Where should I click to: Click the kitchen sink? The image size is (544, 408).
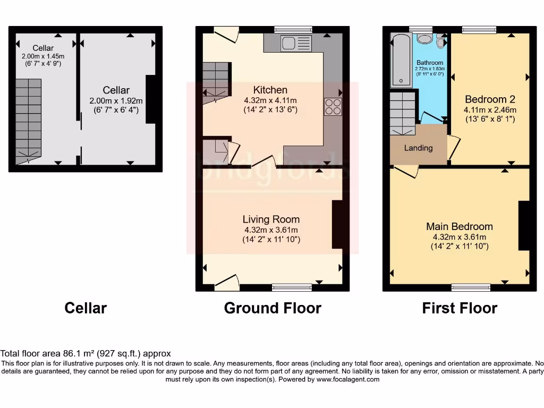point(296,43)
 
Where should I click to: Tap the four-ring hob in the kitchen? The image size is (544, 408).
point(333,106)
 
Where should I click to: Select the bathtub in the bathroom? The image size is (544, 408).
point(401,60)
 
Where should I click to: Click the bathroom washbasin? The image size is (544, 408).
point(425,39)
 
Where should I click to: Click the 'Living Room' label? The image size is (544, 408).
point(271,219)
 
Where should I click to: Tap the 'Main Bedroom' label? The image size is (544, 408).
point(460,226)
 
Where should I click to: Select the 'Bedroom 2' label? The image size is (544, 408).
point(490,99)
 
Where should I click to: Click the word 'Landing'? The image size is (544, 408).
point(419,148)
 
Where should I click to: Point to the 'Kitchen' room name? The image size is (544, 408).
point(270,90)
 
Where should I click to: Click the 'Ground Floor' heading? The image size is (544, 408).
point(273,308)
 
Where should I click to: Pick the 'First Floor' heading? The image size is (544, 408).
point(460,308)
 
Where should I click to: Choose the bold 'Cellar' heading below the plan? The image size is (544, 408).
point(86,308)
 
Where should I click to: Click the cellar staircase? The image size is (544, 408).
point(28,120)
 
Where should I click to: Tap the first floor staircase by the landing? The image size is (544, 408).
point(403,112)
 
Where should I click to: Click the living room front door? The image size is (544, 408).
point(227,283)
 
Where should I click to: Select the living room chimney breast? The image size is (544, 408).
point(337,224)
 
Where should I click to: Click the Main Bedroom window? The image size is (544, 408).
point(471,287)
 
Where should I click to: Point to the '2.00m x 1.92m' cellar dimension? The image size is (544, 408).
point(116,100)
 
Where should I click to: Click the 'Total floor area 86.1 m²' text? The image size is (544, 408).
point(86,353)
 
